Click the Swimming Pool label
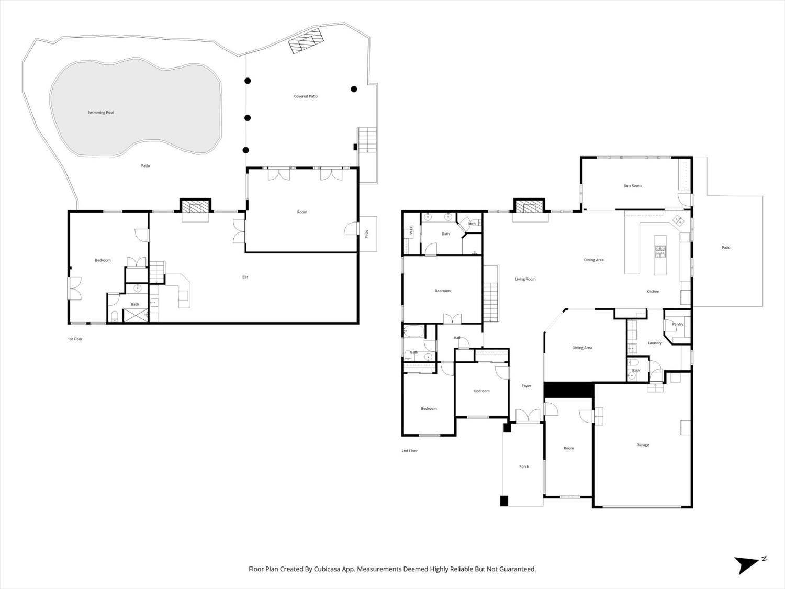100,112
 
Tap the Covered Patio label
306,96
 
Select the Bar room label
245,277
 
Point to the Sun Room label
632,186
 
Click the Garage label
642,445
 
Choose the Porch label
524,466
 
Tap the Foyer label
526,386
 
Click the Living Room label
525,279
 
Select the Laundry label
655,343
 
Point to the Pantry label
677,324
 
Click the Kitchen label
653,292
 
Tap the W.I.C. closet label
411,230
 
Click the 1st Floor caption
75,339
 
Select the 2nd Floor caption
409,451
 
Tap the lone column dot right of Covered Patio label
354,89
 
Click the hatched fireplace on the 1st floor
195,206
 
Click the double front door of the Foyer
528,416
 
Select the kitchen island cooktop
660,251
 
